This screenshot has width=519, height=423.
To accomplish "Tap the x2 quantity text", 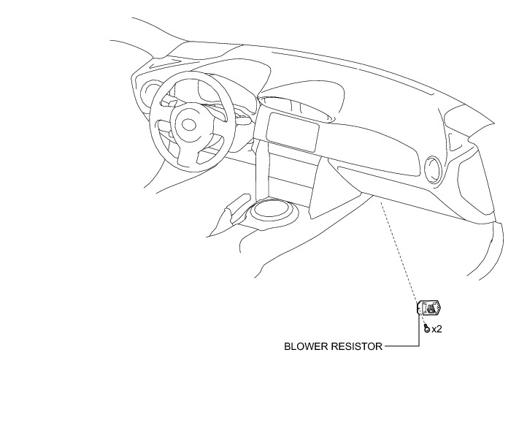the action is coord(437,329).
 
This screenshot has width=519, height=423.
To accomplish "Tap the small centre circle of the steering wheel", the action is coord(188,125).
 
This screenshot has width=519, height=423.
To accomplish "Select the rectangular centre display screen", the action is coord(291,131).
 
